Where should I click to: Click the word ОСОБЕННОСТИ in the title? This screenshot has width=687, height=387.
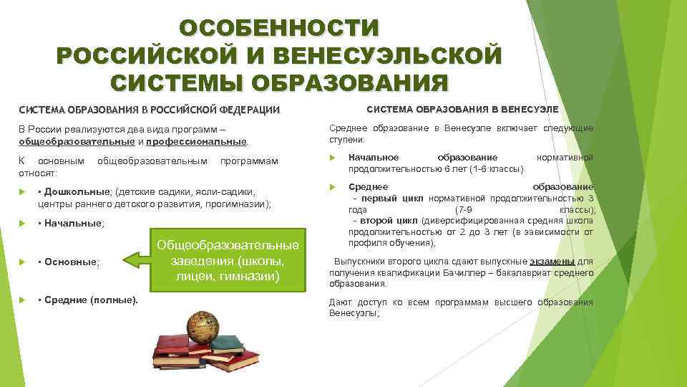click(x=280, y=29)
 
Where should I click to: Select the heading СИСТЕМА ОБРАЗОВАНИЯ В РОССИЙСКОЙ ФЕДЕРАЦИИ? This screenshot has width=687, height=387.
click(x=149, y=110)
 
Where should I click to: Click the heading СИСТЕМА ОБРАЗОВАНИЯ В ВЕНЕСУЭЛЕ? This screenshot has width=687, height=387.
click(x=463, y=110)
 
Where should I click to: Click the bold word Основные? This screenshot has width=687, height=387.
click(x=72, y=262)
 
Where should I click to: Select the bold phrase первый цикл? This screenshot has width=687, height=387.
click(x=392, y=199)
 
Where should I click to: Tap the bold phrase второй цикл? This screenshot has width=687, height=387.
click(x=390, y=221)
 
